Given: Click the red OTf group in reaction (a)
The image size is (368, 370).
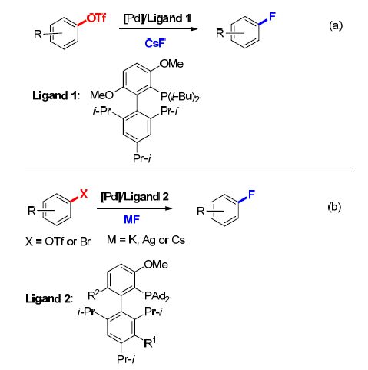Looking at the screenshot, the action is pyautogui.click(x=96, y=18).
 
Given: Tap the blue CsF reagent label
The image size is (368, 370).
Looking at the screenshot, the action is pyautogui.click(x=155, y=43).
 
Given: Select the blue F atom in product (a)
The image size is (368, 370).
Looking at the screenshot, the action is pyautogui.click(x=272, y=16).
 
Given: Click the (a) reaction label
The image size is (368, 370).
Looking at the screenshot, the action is pyautogui.click(x=336, y=25).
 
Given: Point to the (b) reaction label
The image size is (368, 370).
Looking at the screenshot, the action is pyautogui.click(x=334, y=207).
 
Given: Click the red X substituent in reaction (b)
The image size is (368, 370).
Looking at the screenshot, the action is pyautogui.click(x=84, y=194).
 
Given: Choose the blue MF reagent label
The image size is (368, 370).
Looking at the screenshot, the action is pyautogui.click(x=131, y=219).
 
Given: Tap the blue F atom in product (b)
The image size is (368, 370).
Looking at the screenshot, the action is pyautogui.click(x=251, y=195).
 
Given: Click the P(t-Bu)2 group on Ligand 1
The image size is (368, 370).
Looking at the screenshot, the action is pyautogui.click(x=180, y=97).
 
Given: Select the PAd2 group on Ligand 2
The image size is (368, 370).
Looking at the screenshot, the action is pyautogui.click(x=157, y=296).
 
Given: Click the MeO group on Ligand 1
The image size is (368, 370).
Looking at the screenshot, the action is pyautogui.click(x=101, y=95).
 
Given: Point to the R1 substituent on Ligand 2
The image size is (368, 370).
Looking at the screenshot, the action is pyautogui.click(x=150, y=342).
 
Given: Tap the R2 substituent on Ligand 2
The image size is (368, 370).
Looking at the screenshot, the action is pyautogui.click(x=94, y=295).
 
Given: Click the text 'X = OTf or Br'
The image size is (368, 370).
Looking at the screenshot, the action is pyautogui.click(x=58, y=242).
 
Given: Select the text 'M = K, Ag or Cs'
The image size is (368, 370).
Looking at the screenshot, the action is pyautogui.click(x=146, y=240).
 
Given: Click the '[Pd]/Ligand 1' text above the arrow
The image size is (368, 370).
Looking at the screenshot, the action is pyautogui.click(x=157, y=18).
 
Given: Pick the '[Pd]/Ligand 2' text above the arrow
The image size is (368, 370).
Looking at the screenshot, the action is pyautogui.click(x=135, y=197).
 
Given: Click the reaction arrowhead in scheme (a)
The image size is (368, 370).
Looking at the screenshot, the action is pyautogui.click(x=194, y=28).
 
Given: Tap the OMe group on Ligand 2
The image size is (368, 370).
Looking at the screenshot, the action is pyautogui.click(x=156, y=265).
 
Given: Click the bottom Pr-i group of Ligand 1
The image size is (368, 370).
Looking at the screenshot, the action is pyautogui.click(x=142, y=158).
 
